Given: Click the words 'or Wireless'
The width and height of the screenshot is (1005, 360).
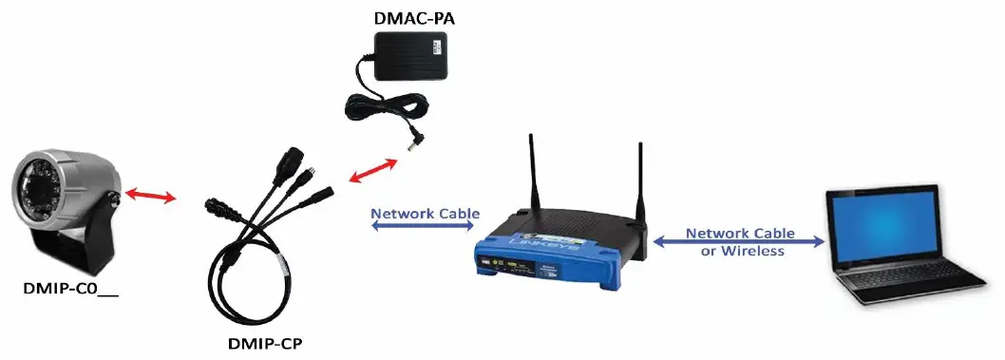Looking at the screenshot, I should pyautogui.click(x=742, y=252).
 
